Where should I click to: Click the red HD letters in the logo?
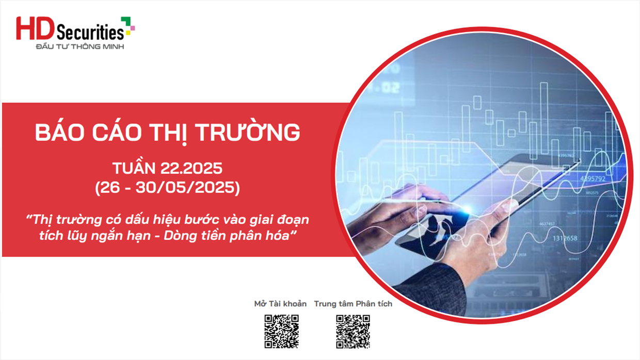click(x=35, y=28)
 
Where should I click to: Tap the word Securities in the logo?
click(x=90, y=32)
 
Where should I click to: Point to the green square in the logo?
click(x=126, y=22)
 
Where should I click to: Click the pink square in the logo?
click(x=133, y=28)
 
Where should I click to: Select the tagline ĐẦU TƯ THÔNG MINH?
click(x=80, y=46)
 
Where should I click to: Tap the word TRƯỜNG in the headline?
click(x=248, y=132)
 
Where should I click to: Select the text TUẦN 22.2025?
click(x=167, y=168)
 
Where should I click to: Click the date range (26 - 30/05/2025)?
click(x=167, y=188)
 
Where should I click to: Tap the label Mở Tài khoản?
click(x=280, y=304)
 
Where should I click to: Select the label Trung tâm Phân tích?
click(x=353, y=304)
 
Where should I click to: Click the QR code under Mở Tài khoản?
click(x=281, y=332)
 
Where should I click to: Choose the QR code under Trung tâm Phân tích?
click(x=353, y=332)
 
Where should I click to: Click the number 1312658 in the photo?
click(x=565, y=238)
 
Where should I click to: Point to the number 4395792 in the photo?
click(x=593, y=179)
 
